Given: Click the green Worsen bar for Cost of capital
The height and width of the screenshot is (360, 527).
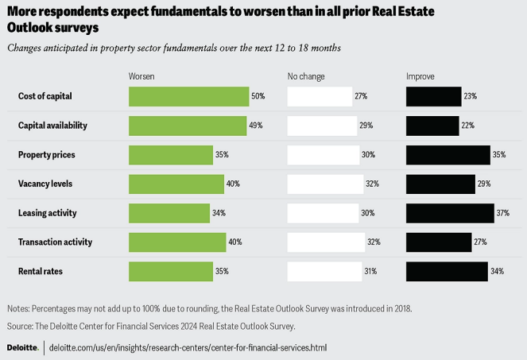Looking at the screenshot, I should [188, 96].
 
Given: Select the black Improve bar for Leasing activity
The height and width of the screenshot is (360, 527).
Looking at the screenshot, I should [450, 213].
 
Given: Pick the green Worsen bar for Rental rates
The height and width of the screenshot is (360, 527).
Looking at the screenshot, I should [170, 271].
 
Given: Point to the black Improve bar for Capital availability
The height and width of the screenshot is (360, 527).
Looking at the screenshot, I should [432, 126].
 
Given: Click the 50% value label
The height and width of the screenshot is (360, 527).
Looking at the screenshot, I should [258, 96].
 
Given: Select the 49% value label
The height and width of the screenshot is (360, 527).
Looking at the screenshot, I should [256, 126].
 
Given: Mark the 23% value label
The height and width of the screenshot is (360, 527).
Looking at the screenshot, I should [471, 96].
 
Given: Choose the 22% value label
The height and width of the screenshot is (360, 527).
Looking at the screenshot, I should [468, 126].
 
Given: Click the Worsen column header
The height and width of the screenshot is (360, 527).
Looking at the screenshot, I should [141, 76].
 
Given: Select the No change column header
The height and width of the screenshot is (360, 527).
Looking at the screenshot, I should [306, 76].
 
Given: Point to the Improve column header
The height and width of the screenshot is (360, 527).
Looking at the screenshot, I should [420, 76].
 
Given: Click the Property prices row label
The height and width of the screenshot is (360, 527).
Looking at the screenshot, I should [47, 154].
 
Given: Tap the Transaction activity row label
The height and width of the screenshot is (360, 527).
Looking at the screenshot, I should [56, 242].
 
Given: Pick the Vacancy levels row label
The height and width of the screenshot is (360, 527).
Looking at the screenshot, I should [45, 184].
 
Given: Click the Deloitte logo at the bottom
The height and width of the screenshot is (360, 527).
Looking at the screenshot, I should [23, 348].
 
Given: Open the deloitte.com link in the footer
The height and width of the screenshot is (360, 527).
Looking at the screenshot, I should [188, 348].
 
